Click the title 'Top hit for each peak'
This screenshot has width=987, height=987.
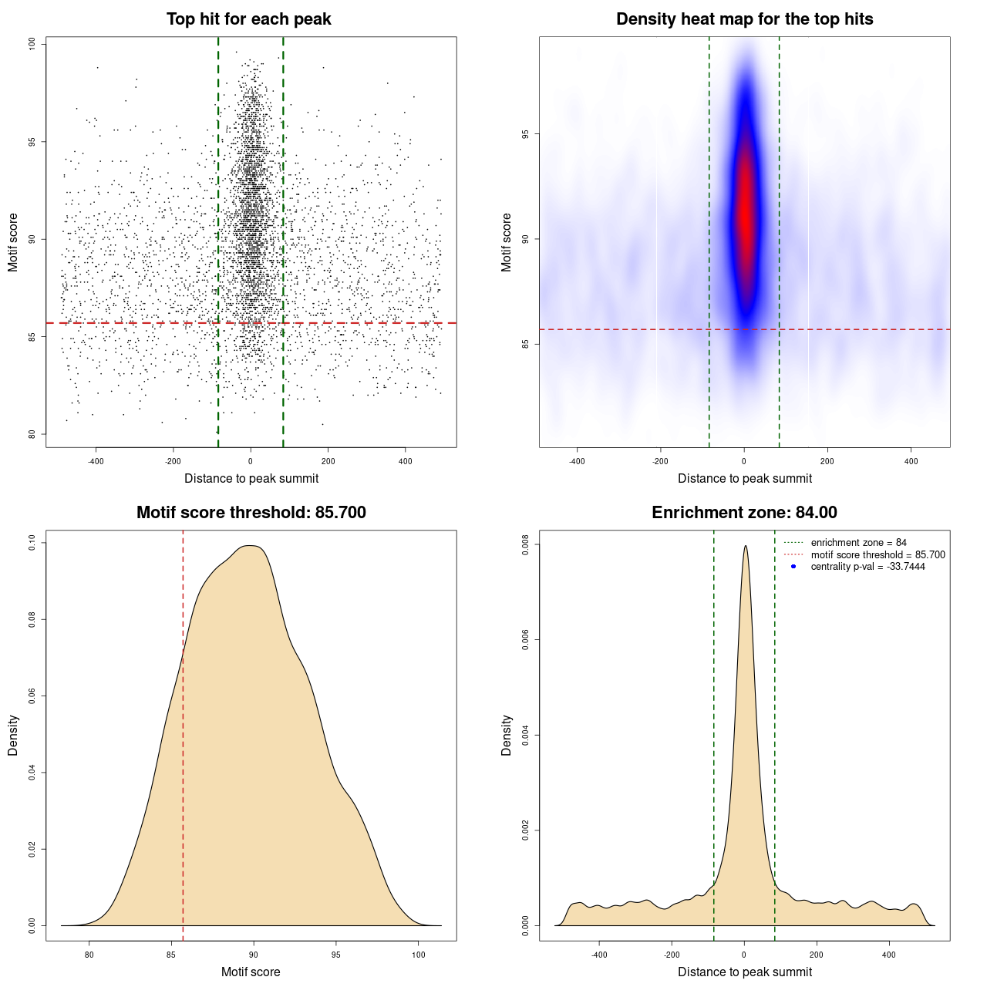tap(249, 19)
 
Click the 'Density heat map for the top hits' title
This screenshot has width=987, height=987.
tap(744, 19)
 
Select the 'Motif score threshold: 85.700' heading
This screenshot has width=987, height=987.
tap(251, 513)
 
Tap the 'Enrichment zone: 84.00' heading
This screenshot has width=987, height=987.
tap(744, 513)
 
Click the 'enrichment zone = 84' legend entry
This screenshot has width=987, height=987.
tap(858, 543)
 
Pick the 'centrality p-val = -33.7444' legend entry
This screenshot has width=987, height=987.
tap(867, 567)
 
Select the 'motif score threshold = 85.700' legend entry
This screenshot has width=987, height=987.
tap(878, 555)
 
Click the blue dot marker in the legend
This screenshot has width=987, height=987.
tap(793, 567)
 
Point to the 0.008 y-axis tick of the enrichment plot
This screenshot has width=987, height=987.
tap(526, 544)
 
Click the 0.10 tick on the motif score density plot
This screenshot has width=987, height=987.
tap(32, 543)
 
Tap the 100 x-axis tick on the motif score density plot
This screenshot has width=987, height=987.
tap(418, 955)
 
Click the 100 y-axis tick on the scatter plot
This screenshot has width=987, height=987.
tap(32, 44)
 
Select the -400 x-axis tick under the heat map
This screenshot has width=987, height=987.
tap(577, 461)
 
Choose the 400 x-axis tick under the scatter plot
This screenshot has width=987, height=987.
tap(406, 461)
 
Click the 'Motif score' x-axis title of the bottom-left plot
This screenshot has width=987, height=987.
tap(251, 972)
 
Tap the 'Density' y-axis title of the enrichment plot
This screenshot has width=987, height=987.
tap(507, 735)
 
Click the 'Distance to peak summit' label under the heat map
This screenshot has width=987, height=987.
tap(744, 478)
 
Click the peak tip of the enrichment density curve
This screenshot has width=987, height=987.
tap(745, 547)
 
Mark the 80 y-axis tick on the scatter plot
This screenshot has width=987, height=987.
tap(32, 434)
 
